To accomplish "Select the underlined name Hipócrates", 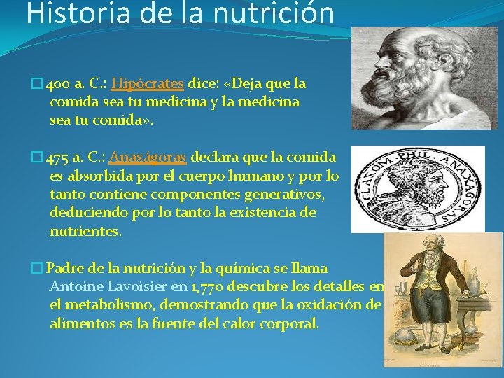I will tap(147, 84).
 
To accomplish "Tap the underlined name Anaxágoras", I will tap(148, 156).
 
